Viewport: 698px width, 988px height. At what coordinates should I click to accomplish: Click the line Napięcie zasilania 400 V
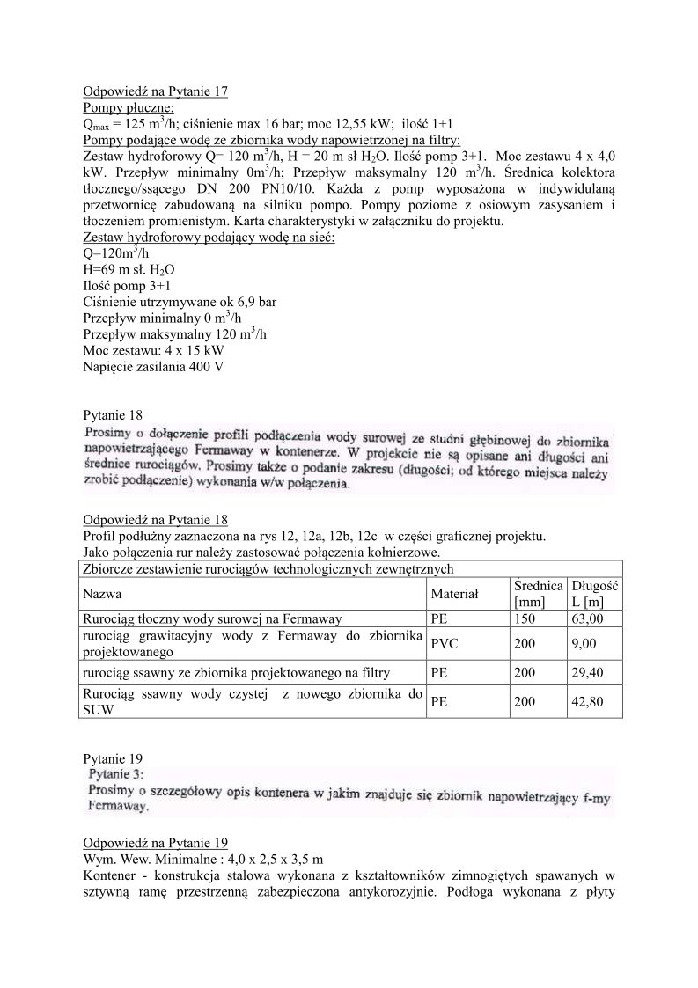point(153,366)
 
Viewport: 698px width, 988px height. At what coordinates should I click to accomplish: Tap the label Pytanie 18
point(111,414)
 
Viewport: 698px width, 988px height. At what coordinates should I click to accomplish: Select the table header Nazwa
point(103,594)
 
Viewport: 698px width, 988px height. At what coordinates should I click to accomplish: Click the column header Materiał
point(454,594)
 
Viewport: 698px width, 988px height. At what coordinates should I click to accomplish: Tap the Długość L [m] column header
point(594,594)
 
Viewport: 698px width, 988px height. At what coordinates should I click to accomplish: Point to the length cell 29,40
point(586,673)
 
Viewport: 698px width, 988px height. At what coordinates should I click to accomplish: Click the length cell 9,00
point(583,644)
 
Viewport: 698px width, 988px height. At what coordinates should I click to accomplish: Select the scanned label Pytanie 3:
point(122,774)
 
